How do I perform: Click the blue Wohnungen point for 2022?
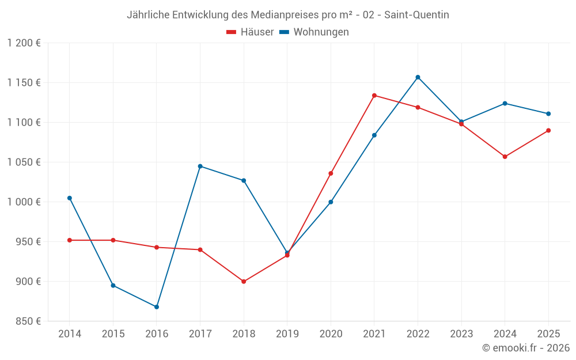coord(418,77)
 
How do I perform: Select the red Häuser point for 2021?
coord(374,96)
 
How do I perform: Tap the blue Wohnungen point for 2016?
coord(157,307)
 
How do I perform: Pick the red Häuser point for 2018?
coord(244,282)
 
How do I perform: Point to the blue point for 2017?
coord(200,166)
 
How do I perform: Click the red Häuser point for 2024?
coord(505,157)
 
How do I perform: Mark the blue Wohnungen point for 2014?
coord(70,198)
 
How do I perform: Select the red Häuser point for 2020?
coord(331,173)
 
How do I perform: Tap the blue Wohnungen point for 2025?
coord(548,113)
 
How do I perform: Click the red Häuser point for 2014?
coord(70,240)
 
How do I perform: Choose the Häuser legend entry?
coord(251,32)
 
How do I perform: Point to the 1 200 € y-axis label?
coord(24,43)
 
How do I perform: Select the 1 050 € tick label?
coord(24,162)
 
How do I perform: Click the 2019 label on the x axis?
coord(287,334)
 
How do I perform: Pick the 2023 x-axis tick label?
coord(461,334)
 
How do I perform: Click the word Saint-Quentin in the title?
coord(416,15)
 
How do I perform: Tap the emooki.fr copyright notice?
coord(526,348)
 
